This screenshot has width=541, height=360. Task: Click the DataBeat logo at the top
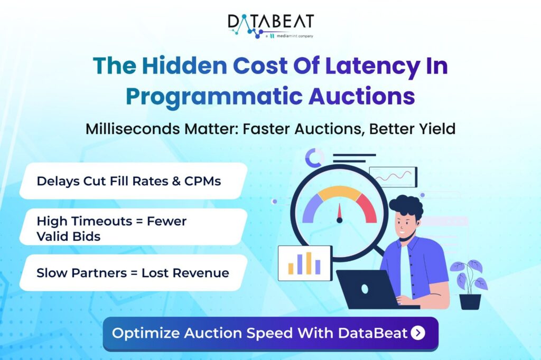[x=270, y=22]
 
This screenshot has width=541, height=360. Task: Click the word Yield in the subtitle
[x=434, y=129]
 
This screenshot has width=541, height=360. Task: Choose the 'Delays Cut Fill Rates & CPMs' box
[x=132, y=181]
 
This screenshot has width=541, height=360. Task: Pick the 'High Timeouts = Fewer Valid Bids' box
[x=132, y=228]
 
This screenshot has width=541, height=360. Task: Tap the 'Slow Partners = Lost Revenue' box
[x=132, y=273]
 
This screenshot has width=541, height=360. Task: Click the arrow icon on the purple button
[x=417, y=333]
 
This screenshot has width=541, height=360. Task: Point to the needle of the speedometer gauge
[x=339, y=213]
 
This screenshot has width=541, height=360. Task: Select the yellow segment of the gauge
[x=339, y=192]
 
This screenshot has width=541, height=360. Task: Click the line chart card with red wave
[x=393, y=176]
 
